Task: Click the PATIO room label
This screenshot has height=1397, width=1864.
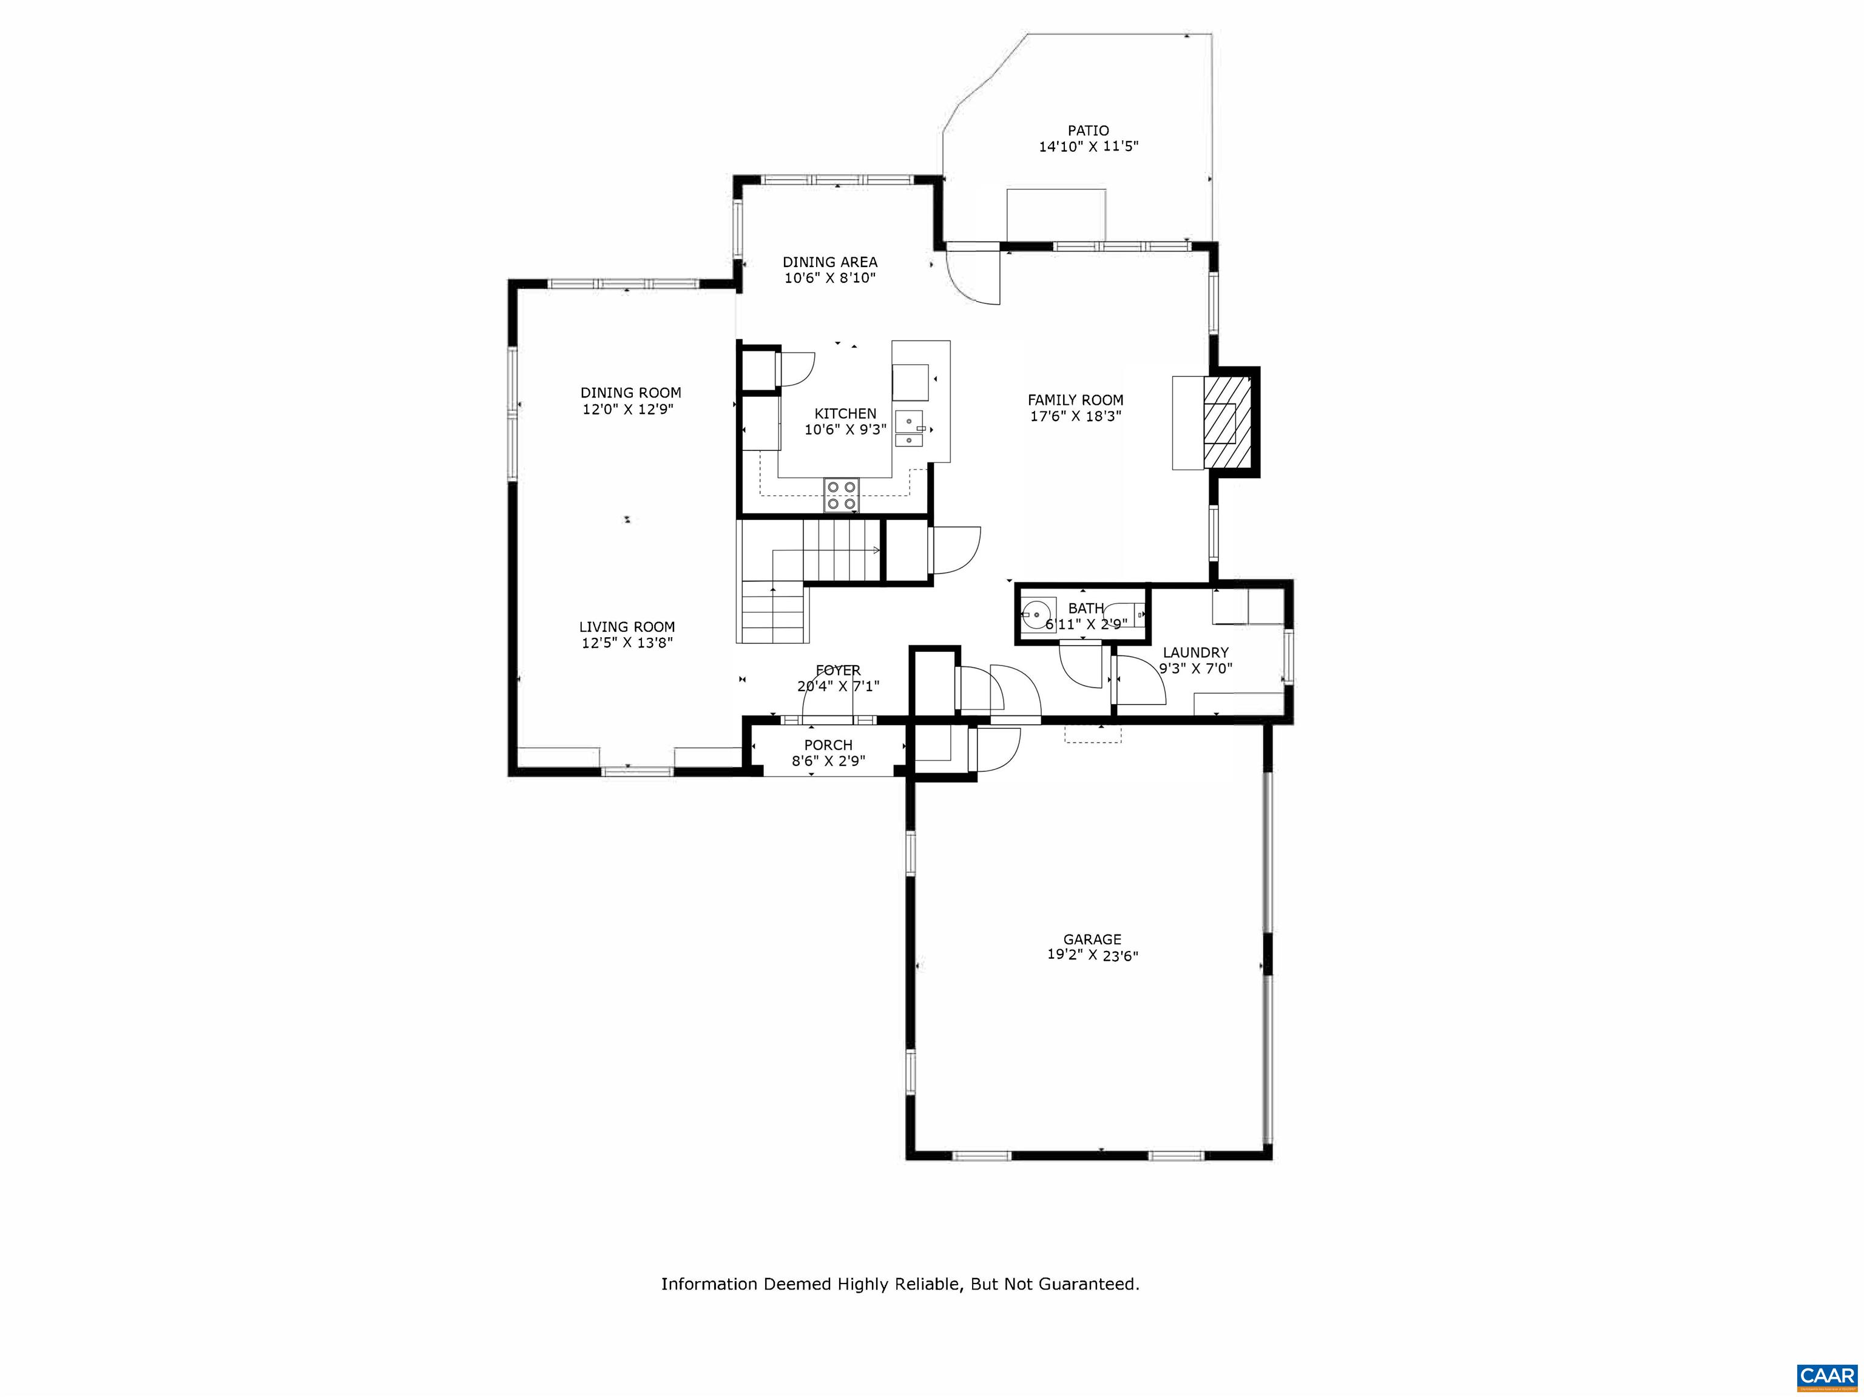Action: coord(1088,130)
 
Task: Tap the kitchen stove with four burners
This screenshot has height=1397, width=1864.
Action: coord(842,495)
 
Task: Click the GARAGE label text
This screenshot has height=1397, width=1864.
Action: coord(1092,939)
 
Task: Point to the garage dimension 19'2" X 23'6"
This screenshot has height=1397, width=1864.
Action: coord(1092,955)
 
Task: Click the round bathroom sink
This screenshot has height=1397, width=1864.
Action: coord(1038,614)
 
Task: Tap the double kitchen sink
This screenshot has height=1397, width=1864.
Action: coord(910,428)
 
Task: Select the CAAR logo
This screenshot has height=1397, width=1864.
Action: coord(1826,1376)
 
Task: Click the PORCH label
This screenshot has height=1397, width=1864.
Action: coord(828,745)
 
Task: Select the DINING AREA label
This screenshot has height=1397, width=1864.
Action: coord(830,262)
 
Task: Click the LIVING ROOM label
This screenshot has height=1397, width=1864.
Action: coord(627,627)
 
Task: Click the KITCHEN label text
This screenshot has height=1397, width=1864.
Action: coord(845,414)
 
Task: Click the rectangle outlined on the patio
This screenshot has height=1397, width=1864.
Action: coord(1056,215)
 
